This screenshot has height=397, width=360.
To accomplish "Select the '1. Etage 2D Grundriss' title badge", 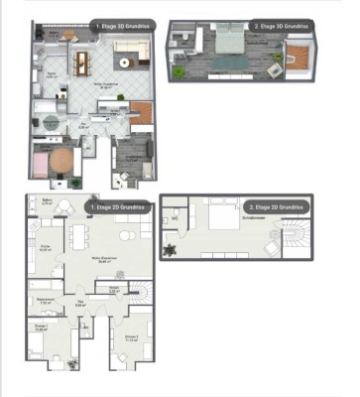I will (x=118, y=207).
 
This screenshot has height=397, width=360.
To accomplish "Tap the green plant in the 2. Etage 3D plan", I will (x=178, y=71).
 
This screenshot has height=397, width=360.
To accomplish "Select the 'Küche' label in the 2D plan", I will (x=45, y=247).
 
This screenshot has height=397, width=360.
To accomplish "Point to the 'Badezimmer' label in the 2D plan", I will (x=45, y=299).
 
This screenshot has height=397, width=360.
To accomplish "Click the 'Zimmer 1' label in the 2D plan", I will (x=41, y=328).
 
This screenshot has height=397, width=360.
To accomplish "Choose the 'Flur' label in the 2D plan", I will (x=80, y=303).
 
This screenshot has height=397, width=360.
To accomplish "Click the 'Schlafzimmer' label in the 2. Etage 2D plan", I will (x=254, y=215).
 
